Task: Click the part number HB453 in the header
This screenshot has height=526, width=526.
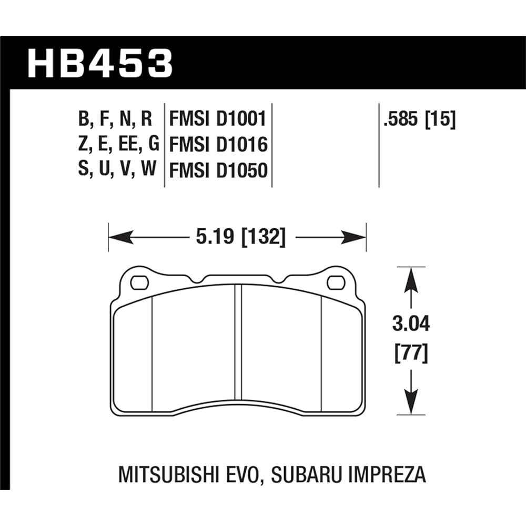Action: [x=100, y=63]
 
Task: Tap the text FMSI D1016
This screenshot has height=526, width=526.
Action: [x=217, y=145]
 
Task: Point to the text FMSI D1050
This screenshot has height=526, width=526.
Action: [x=217, y=170]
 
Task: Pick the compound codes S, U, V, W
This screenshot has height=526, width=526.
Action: [x=115, y=170]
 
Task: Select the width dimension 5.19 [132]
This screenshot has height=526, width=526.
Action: [x=240, y=238]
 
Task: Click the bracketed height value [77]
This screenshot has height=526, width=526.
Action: [x=411, y=351]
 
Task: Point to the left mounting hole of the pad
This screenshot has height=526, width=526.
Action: [x=139, y=283]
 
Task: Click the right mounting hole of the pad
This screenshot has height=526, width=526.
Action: [x=335, y=283]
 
